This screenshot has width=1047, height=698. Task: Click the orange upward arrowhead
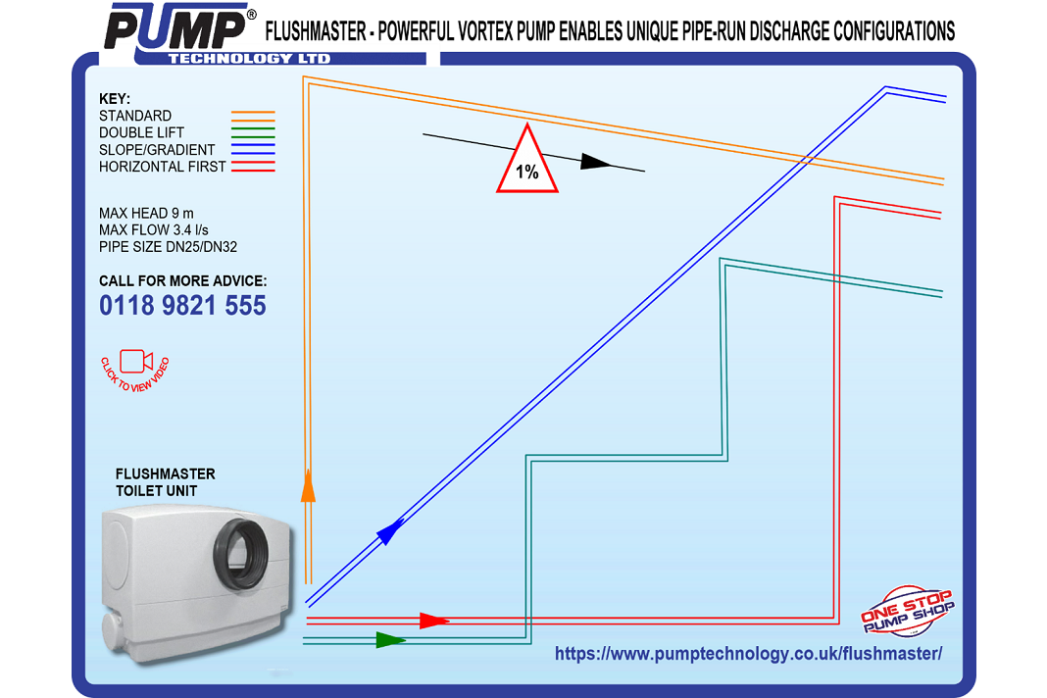308,485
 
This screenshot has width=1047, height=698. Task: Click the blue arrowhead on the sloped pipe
390,530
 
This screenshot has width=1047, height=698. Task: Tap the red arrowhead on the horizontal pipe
433,620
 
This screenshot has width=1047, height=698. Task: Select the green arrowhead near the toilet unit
390,640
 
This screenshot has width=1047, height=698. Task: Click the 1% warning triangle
527,161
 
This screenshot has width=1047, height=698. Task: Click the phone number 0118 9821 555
182,306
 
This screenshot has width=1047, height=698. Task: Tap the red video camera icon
135,362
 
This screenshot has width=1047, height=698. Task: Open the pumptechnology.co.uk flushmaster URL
748,654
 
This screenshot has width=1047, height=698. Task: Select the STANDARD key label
135,116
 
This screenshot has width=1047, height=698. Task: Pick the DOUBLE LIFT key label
141,132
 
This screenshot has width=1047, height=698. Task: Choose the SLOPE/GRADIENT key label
157,150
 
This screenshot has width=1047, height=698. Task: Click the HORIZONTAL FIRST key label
162,167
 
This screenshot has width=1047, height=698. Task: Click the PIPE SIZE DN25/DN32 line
168,247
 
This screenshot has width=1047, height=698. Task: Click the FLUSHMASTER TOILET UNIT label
165,481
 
